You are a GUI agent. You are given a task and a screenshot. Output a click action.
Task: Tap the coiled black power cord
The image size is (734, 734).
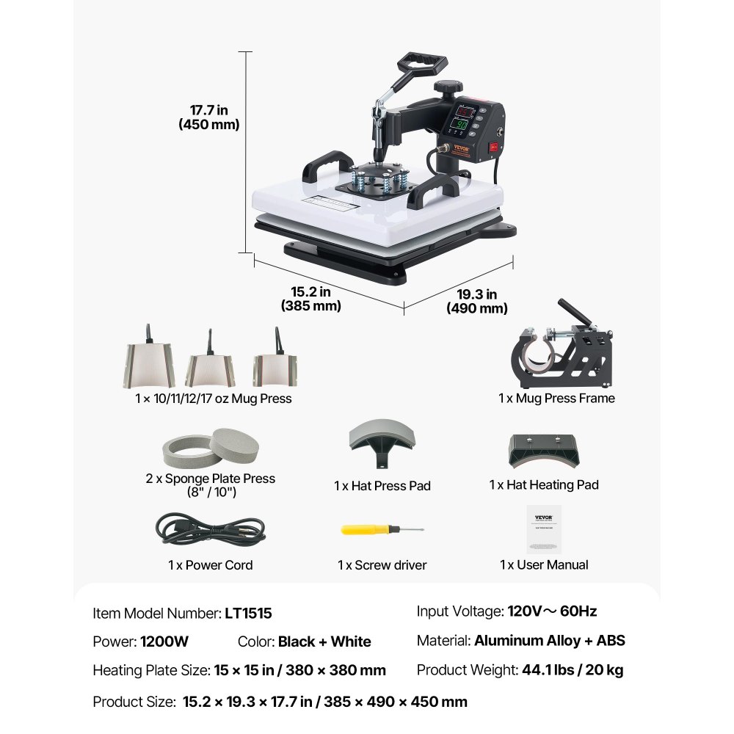click(210, 528)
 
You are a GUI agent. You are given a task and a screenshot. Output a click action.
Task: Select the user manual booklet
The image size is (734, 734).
click(543, 528)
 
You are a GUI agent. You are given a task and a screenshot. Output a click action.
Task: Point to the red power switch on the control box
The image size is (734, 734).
click(494, 147)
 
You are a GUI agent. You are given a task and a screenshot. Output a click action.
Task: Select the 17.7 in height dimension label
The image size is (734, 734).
click(209, 117)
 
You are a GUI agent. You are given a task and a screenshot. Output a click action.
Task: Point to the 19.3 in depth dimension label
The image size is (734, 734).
click(477, 302)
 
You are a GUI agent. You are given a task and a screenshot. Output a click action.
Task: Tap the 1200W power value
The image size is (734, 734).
click(164, 642)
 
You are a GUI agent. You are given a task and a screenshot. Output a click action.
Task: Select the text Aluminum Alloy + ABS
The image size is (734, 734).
click(550, 641)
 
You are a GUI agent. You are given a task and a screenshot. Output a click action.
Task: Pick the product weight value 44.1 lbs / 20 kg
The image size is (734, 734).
click(573, 669)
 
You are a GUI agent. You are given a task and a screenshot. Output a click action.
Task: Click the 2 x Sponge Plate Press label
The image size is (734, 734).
click(210, 479)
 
